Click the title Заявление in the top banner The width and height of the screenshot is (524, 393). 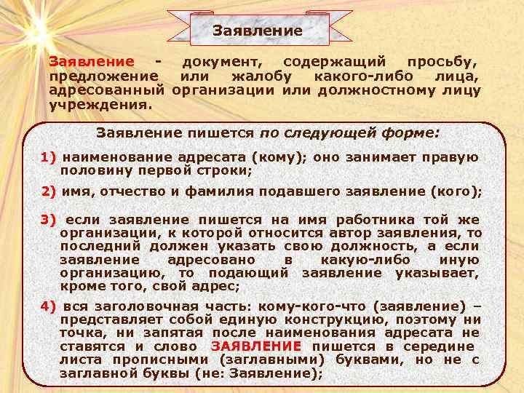(x=257, y=31)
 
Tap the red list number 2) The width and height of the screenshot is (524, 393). (x=49, y=191)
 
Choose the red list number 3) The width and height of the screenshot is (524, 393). (x=49, y=220)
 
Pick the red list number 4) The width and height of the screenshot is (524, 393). (x=49, y=306)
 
